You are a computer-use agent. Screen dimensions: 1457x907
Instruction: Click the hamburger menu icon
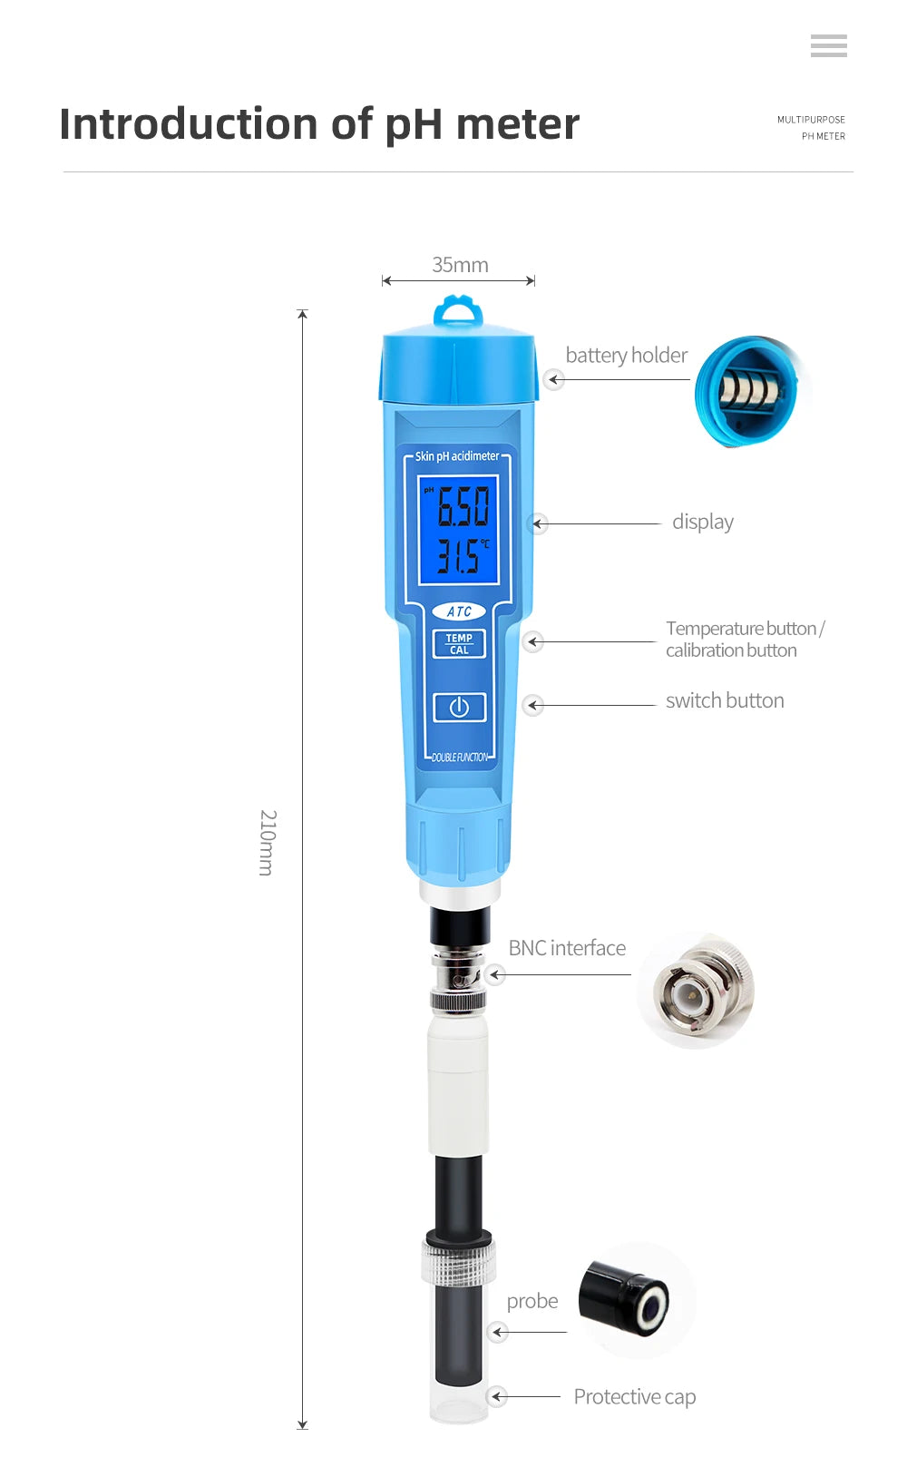pos(828,45)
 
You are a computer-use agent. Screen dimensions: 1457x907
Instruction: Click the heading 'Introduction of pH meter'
pos(318,124)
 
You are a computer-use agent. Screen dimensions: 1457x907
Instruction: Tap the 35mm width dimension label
pos(460,265)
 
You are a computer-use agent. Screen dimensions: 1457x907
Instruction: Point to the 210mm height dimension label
pos(267,842)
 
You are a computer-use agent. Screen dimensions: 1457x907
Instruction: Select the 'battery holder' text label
pos(626,355)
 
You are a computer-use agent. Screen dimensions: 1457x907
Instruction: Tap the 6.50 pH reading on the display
pos(463,506)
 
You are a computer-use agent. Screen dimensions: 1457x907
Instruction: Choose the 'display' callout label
pos(702,522)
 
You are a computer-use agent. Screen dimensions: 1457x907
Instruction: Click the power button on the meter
pos(459,707)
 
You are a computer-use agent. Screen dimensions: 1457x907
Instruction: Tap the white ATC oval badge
pos(459,611)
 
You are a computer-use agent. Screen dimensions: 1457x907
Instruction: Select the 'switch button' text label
pos(724,700)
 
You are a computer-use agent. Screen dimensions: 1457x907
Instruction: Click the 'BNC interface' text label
pos(567,948)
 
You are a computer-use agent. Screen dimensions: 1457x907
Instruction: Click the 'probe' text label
pos(532,1301)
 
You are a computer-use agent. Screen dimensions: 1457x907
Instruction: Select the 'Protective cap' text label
pos(634,1396)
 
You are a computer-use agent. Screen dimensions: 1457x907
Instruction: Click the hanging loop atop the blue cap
pos(458,311)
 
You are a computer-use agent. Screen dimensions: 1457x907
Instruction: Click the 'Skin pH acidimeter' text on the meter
pos(457,456)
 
